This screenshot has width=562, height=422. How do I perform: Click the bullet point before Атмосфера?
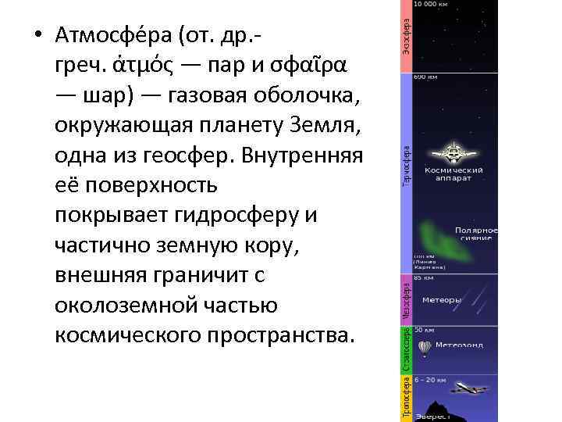point(36,36)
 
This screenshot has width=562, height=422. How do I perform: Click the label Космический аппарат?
point(454,173)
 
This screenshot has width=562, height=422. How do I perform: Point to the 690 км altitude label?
point(425,78)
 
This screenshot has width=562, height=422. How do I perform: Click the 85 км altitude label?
point(424,277)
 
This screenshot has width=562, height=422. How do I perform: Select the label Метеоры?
point(442,299)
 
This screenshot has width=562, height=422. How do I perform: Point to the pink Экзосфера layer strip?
point(407,37)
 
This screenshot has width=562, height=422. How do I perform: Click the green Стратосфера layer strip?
point(407,349)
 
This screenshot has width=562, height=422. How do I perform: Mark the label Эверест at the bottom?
point(432,417)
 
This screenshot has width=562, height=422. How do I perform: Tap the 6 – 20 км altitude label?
point(429,380)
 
